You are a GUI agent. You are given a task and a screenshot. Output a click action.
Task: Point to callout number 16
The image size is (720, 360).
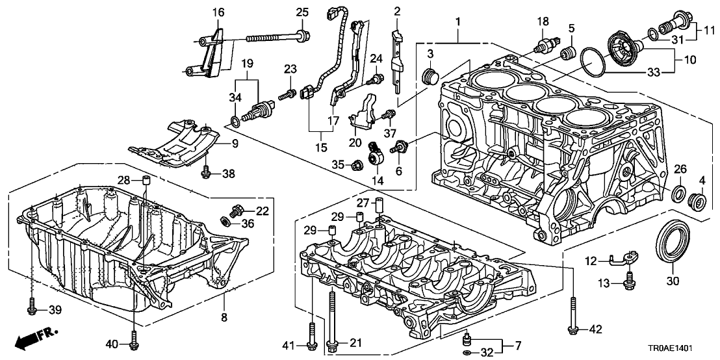coord(218,12)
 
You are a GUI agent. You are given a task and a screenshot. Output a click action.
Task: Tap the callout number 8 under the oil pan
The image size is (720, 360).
coord(224,317)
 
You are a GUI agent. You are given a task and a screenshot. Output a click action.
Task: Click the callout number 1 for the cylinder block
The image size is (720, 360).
coord(457,21)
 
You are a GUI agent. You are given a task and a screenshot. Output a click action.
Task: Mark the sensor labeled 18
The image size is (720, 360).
coord(543,45)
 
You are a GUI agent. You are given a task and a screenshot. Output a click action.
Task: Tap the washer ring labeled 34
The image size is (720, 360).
coord(235,122)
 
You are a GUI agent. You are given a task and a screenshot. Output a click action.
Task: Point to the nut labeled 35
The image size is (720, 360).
coord(356,165)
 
